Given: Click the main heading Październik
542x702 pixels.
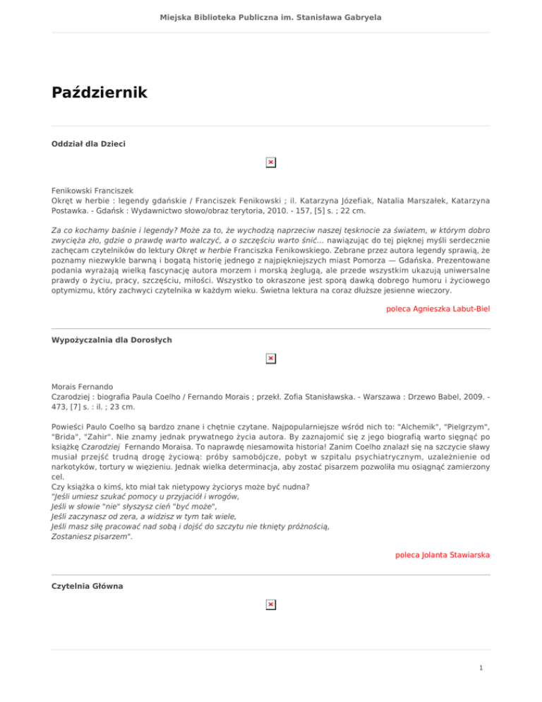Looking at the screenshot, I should pos(99,93).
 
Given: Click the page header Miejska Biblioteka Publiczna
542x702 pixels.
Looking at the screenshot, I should pos(271,16).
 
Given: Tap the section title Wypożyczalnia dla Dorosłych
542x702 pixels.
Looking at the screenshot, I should pos(112,340).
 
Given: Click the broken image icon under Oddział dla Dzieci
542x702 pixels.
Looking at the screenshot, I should pos(270,163).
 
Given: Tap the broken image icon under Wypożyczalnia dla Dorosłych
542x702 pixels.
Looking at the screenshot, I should pos(270,359).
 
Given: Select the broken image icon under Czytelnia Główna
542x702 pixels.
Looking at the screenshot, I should pos(270,605).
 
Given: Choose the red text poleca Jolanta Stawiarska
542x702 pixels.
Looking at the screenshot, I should pos(442,555).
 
